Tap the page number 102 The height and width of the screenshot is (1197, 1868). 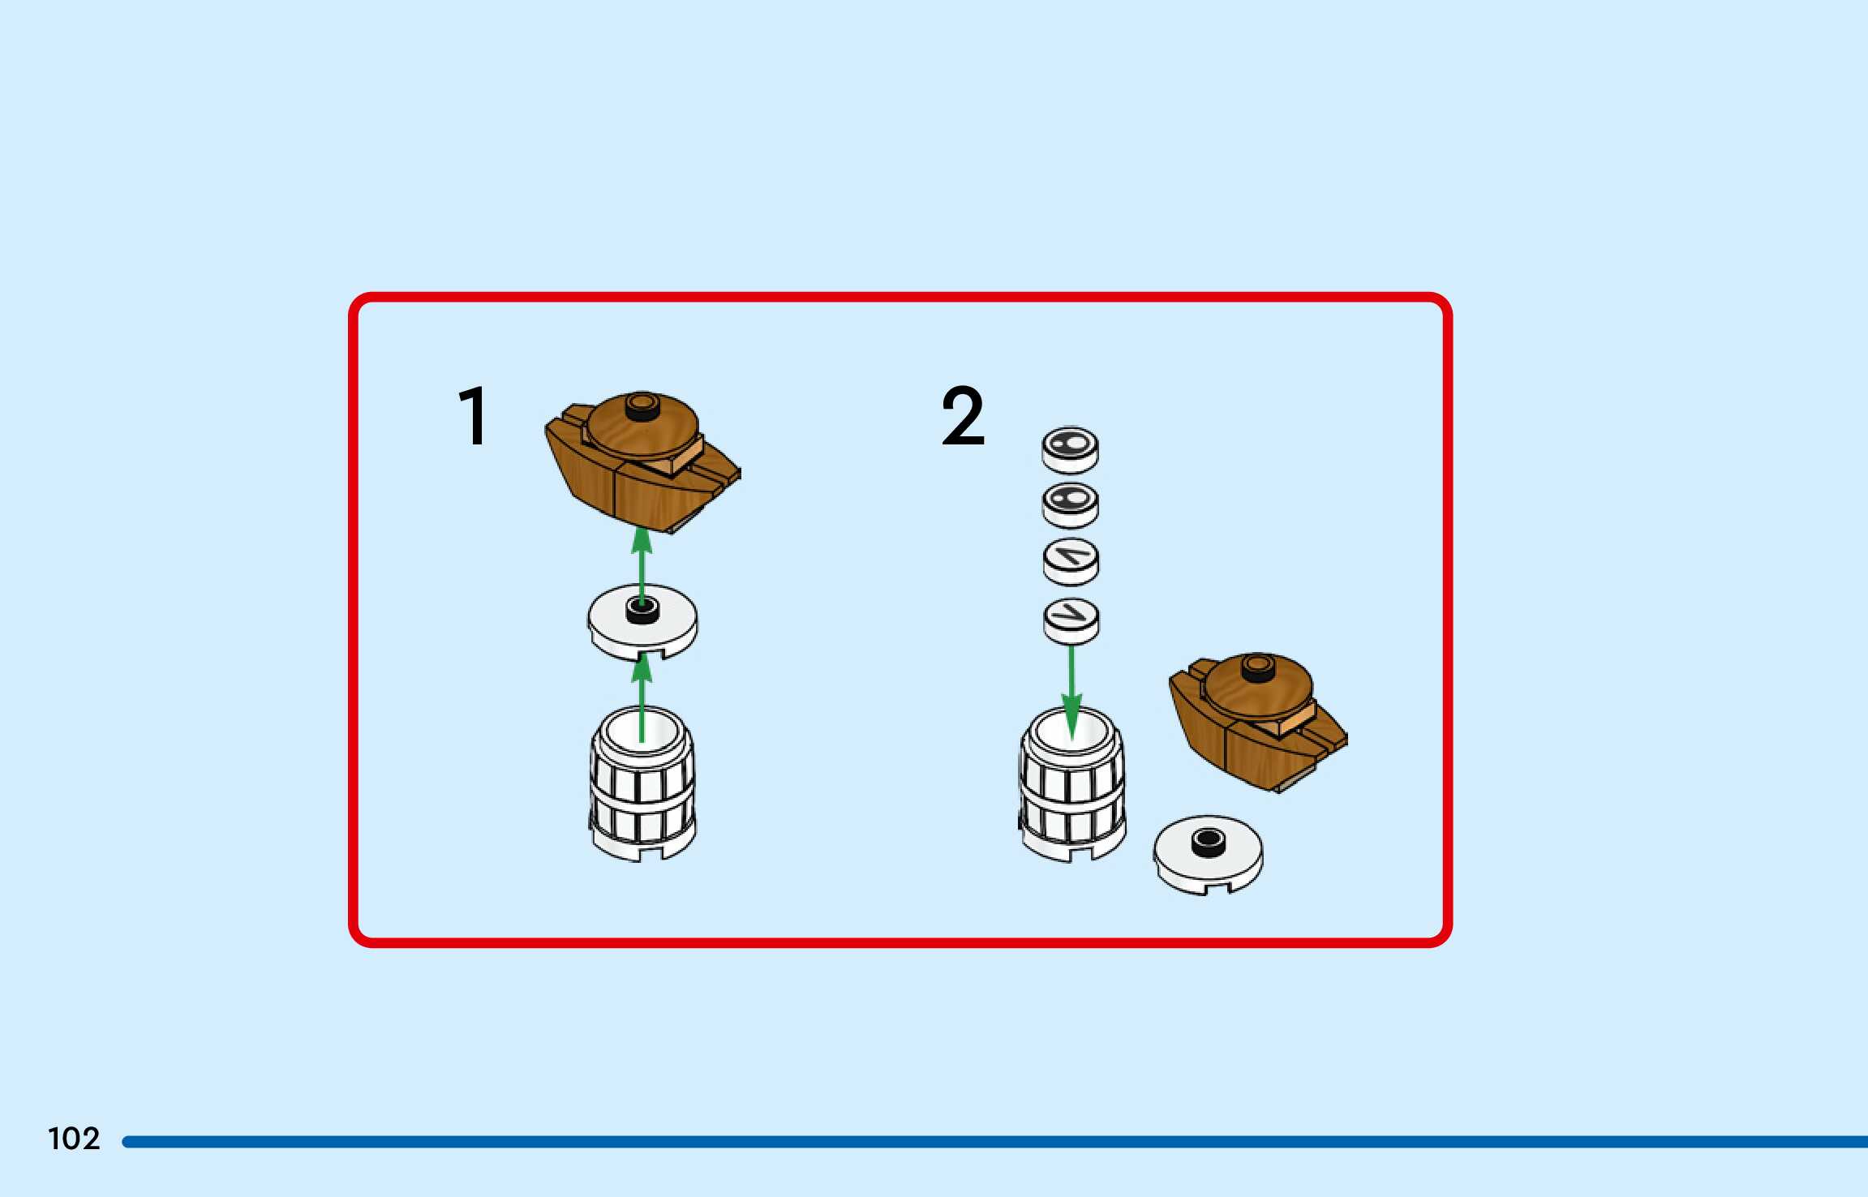[74, 1139]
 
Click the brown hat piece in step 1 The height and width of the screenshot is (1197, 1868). [641, 462]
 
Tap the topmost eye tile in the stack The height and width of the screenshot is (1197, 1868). [1071, 448]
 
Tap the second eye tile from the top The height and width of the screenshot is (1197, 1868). [1071, 504]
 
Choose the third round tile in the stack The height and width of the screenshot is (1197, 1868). [1071, 560]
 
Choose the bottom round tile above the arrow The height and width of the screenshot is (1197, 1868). [1071, 620]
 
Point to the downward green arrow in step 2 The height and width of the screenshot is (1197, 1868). [1071, 689]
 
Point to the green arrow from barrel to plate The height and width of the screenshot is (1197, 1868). [642, 697]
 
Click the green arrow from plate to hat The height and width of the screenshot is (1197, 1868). [642, 564]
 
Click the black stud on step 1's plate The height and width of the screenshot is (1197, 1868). [642, 610]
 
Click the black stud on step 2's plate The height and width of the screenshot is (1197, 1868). [1208, 841]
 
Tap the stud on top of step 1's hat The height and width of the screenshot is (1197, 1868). [642, 405]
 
